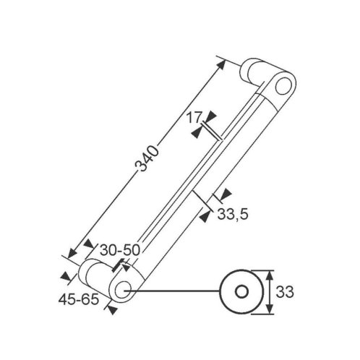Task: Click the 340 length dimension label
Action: coord(147,158)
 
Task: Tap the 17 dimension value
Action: coord(194,118)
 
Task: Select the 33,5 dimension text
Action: coord(233,214)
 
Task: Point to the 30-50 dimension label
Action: coord(120,250)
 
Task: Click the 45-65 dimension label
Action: coord(79,299)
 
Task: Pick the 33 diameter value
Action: coord(285,292)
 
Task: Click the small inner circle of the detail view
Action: coord(241,292)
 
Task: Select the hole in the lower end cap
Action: coord(123,289)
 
